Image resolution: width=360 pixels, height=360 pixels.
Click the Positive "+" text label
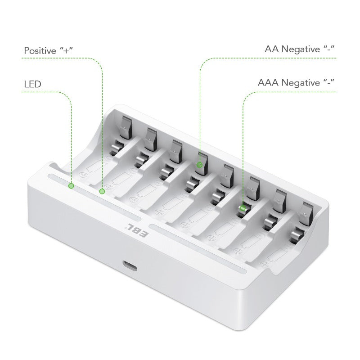pyautogui.click(x=49, y=50)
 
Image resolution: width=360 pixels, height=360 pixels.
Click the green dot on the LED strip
pyautogui.click(x=71, y=185)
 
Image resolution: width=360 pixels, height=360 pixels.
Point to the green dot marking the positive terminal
pyautogui.click(x=102, y=191)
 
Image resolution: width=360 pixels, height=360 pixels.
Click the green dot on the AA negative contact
pyautogui.click(x=199, y=165)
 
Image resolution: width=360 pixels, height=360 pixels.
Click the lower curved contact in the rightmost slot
pyautogui.click(x=297, y=232)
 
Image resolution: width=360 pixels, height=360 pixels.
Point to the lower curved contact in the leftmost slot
pyautogui.click(x=117, y=147)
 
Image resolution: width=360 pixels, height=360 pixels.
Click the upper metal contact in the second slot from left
pyautogui.click(x=150, y=138)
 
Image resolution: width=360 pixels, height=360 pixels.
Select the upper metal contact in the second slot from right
pyautogui.click(x=280, y=198)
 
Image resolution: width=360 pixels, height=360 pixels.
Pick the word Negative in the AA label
pyautogui.click(x=301, y=50)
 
